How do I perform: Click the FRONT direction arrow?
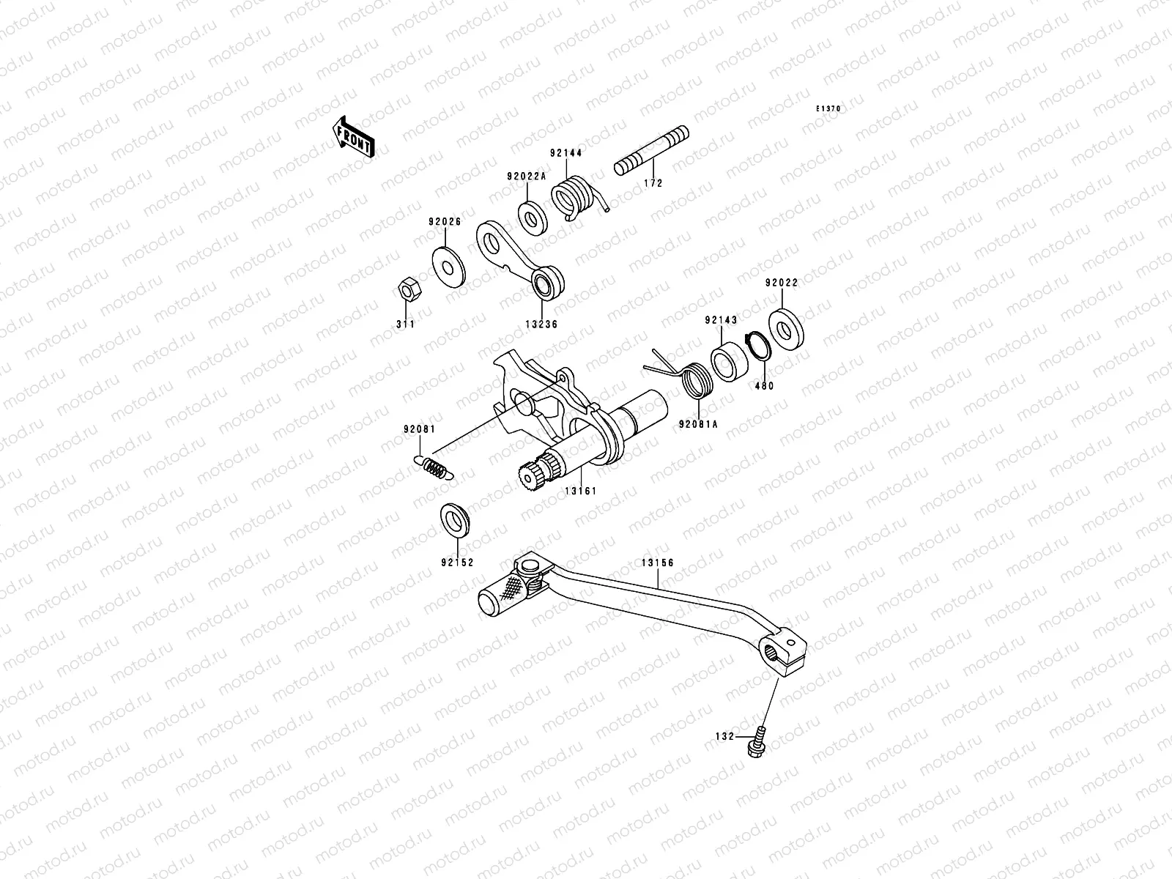pos(355,137)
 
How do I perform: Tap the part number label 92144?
pos(566,154)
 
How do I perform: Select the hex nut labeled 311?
pos(405,291)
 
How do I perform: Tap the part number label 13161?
pos(580,491)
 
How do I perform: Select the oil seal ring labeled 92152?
pos(456,521)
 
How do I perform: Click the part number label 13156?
pos(657,563)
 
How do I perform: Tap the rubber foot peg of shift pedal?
pos(504,593)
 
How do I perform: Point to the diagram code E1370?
pos(829,108)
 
